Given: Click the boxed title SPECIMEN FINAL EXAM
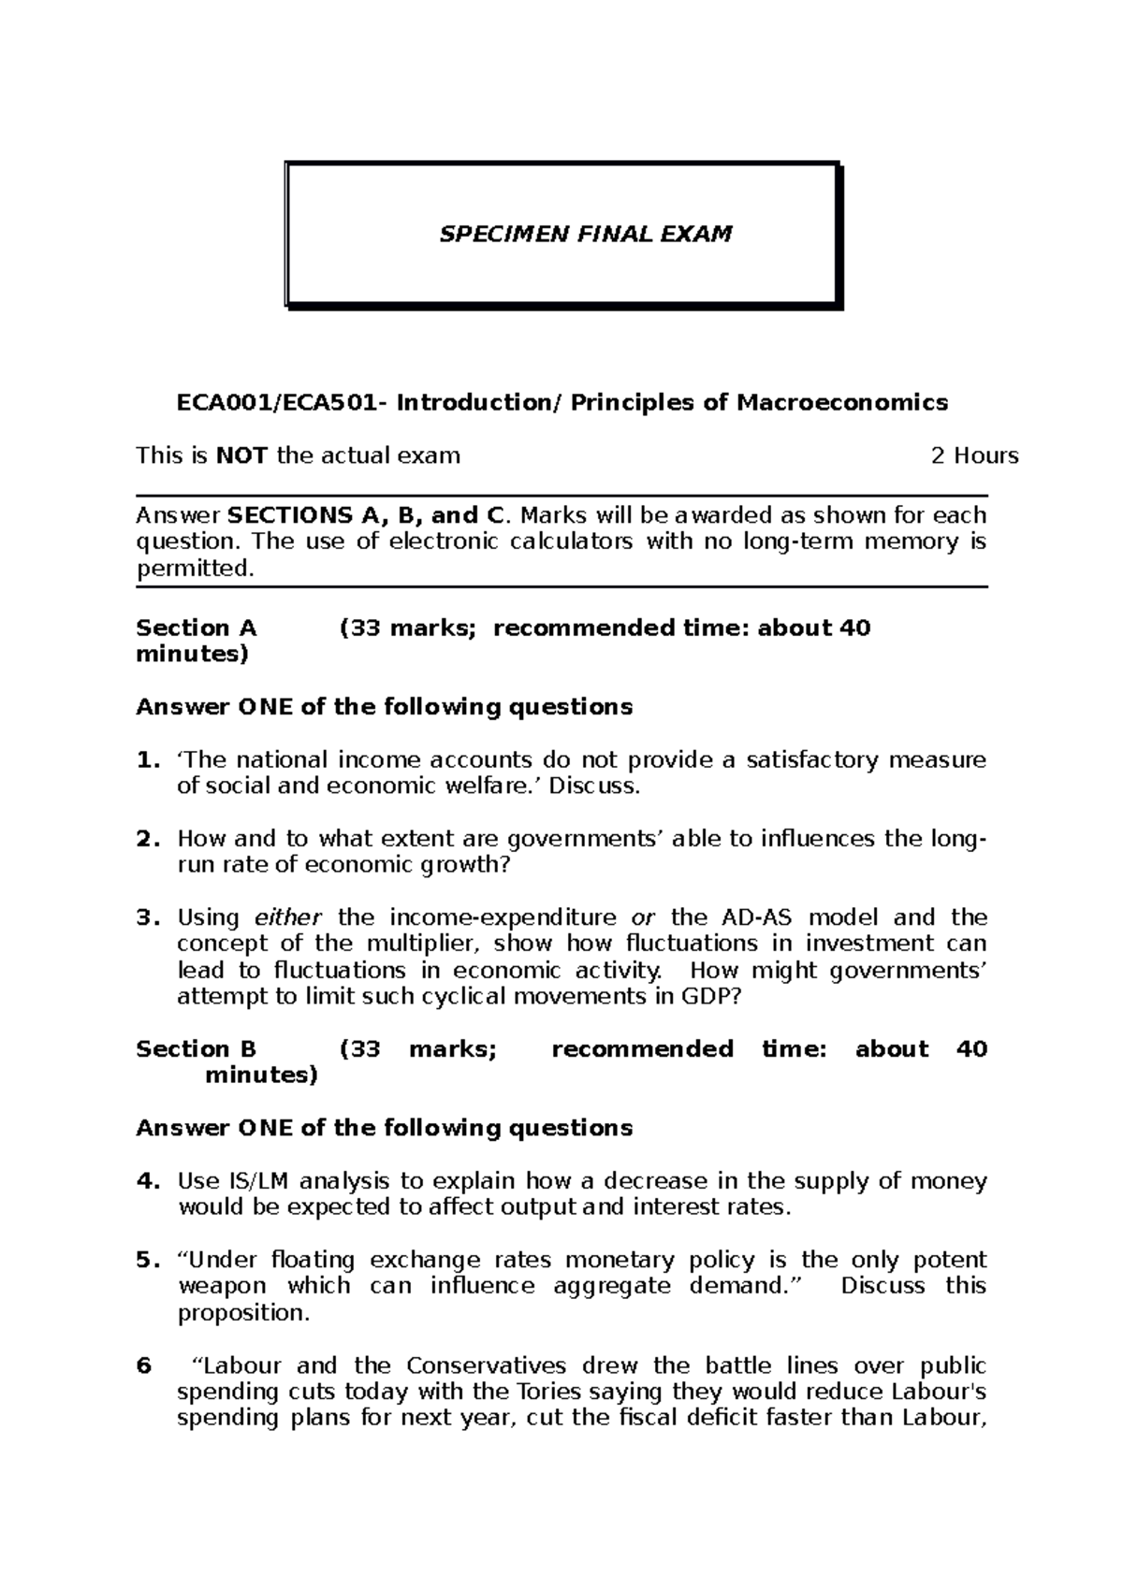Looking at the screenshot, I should [x=586, y=234].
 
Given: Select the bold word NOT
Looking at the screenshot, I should [x=241, y=456].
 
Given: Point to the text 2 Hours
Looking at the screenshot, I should [x=974, y=456].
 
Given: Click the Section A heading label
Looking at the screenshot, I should [x=196, y=628].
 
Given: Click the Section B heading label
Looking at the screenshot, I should [x=196, y=1049].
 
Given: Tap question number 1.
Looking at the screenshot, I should [x=143, y=760].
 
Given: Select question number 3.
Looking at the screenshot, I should [x=143, y=917].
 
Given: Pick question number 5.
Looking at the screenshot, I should [x=143, y=1260].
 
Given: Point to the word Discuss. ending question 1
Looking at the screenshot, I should [x=594, y=787].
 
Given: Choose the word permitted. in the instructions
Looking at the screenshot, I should [x=195, y=569].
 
